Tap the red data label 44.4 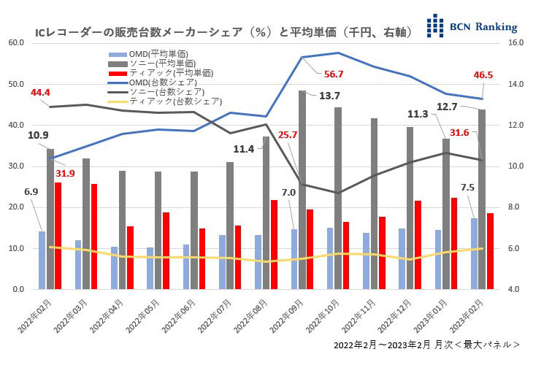(x=40, y=93)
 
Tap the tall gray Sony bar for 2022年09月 (x=302, y=190)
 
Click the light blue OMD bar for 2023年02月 (x=474, y=253)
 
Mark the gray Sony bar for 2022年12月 (x=410, y=208)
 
